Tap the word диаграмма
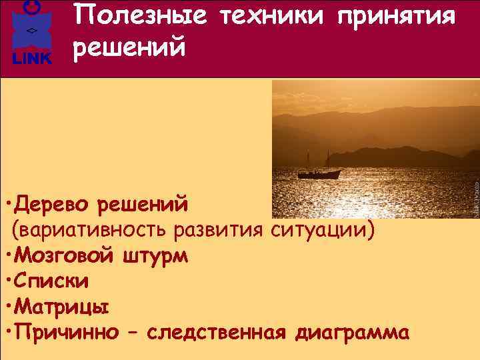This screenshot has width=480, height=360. tap(350, 333)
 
